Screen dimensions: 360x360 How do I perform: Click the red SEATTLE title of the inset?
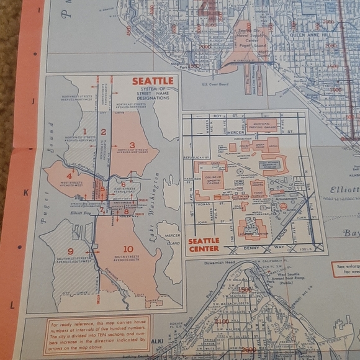153,81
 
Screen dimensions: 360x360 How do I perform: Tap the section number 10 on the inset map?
128,249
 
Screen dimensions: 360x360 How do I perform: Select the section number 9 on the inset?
71,251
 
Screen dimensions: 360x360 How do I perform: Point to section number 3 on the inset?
132,145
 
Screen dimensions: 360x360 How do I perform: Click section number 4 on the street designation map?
70,176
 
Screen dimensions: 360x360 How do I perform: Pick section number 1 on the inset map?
86,132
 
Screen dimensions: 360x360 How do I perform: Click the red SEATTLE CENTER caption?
204,245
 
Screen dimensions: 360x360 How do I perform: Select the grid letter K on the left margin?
26,192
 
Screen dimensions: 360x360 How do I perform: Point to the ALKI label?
158,341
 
